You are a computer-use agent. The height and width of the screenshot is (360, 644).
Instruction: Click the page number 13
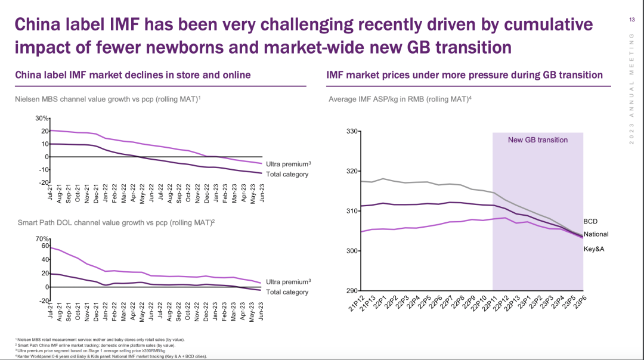(631, 20)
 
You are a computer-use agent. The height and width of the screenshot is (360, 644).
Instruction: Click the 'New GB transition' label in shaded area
(537, 140)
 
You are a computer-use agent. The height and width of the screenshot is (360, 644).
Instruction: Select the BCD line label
(590, 222)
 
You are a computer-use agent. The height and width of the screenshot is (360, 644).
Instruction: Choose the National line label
(596, 235)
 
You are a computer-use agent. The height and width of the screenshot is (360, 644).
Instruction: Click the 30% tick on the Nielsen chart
(40, 119)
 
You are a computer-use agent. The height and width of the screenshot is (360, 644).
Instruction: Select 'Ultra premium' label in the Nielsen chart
(287, 164)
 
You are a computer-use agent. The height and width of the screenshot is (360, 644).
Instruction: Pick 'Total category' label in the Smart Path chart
(287, 292)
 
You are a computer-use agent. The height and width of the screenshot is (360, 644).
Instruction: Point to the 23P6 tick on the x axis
(578, 303)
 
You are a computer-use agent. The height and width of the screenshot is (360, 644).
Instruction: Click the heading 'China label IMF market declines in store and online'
(132, 75)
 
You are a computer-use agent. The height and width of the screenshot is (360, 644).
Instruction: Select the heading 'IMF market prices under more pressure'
(465, 75)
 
